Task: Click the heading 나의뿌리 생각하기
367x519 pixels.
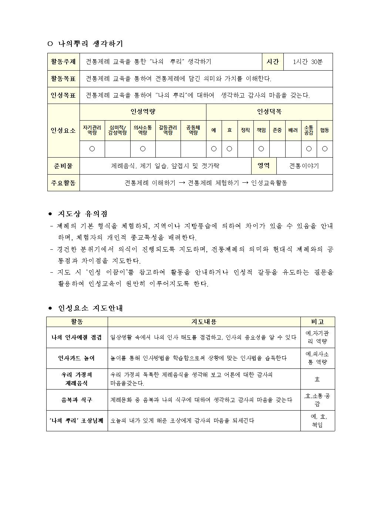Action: pos(90,44)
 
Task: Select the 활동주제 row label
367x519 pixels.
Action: pos(63,62)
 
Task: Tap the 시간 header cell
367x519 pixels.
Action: pos(273,62)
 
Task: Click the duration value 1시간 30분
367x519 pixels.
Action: pos(307,62)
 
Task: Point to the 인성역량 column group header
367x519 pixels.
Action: pos(143,112)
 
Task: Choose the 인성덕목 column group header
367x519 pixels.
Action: pos(269,112)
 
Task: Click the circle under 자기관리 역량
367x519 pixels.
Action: pos(92,149)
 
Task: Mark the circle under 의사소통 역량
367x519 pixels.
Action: pos(143,149)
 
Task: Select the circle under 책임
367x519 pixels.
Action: pos(261,149)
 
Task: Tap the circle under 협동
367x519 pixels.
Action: pos(324,149)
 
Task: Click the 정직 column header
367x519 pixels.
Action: pos(245,130)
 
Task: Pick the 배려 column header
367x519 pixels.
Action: pos(293,130)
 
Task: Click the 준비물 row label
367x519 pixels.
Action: pos(63,166)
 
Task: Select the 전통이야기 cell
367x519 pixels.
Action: pos(304,166)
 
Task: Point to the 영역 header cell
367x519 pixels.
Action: pos(264,166)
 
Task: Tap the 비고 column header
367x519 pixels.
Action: pos(317,322)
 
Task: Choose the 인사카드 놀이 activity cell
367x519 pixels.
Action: pos(77,358)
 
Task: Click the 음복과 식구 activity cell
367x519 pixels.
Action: pos(77,400)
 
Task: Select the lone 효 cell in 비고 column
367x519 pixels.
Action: pos(317,379)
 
